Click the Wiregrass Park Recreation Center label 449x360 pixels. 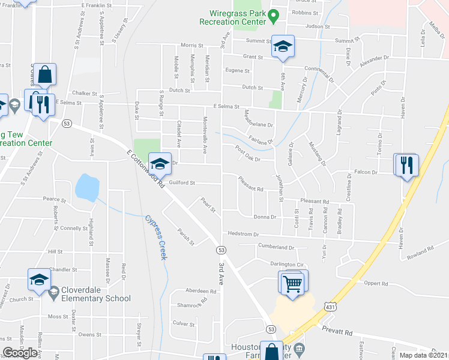pos(238,17)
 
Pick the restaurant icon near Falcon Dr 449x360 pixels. pos(406,165)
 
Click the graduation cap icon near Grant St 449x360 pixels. pos(283,47)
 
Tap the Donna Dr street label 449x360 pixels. pos(265,217)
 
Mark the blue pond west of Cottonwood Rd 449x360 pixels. pos(86,187)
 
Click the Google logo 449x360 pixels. pos(20,352)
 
